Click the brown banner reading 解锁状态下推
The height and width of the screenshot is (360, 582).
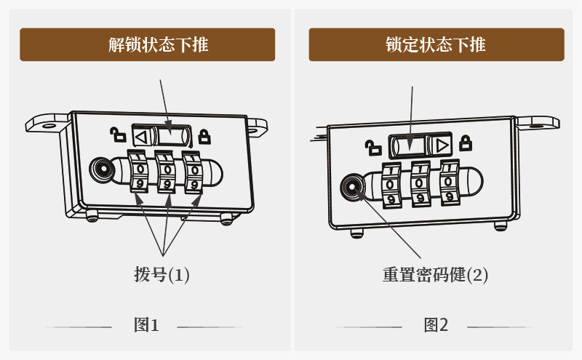pos(147,44)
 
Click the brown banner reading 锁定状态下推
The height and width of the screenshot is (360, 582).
pos(436,44)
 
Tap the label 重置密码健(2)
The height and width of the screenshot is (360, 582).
pos(435,275)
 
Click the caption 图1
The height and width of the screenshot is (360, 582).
pos(145,325)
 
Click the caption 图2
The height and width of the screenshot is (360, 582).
pos(436,325)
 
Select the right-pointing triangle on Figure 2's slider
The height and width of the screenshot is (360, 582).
pos(440,143)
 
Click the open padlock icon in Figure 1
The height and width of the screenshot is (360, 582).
pos(116,134)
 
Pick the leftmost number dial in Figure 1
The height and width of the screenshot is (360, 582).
pos(140,171)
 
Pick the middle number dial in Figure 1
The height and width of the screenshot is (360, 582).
pos(167,171)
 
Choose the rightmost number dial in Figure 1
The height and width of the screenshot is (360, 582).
pos(193,171)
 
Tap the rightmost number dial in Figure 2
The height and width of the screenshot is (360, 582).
pos(449,182)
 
